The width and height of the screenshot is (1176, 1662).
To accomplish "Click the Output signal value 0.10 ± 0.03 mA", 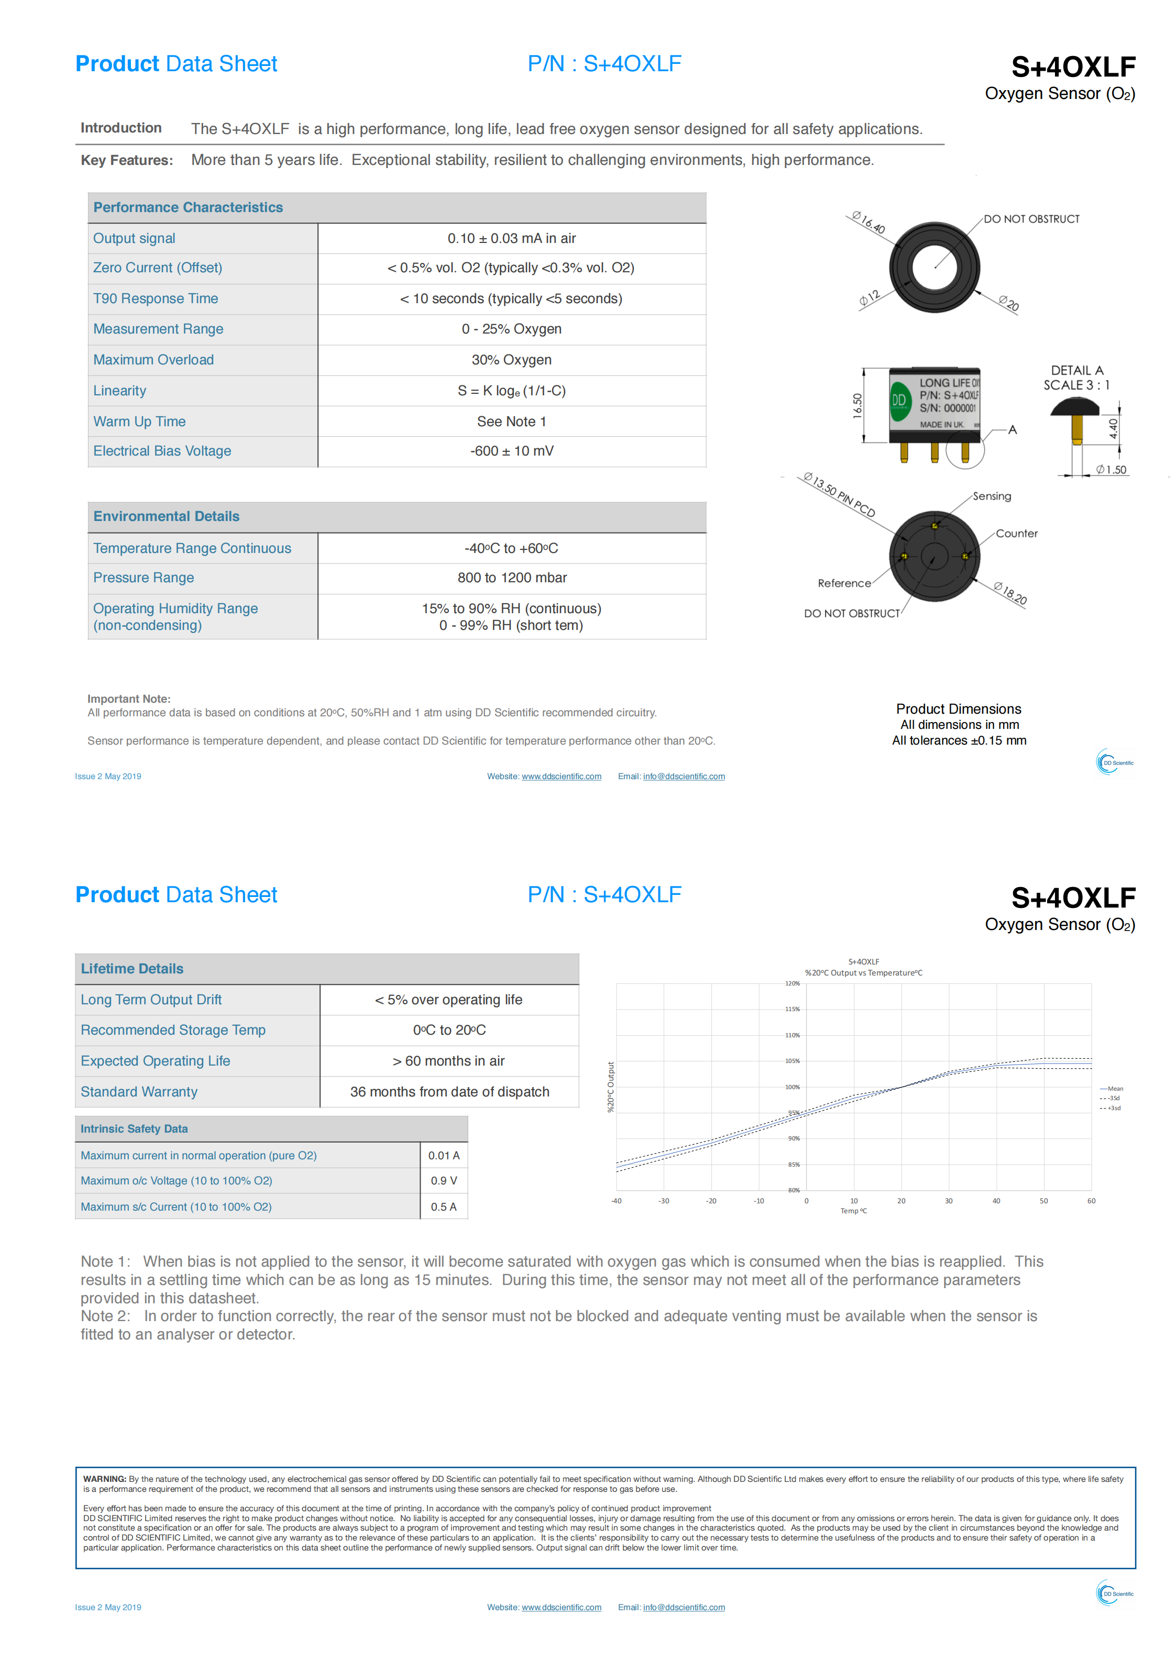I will (511, 238).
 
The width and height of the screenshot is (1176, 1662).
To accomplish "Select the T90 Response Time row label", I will (155, 298).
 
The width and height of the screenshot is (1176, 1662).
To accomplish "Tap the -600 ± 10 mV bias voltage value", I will (511, 451).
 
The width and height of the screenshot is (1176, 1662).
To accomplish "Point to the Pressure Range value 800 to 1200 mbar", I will (511, 578).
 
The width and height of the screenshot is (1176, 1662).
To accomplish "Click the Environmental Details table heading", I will (166, 516).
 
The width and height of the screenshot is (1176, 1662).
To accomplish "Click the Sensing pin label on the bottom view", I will (991, 496).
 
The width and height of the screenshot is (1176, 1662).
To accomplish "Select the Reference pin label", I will (843, 583).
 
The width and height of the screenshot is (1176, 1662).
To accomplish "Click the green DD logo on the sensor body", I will (899, 400).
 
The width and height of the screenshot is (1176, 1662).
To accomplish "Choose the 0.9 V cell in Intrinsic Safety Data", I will (443, 1181).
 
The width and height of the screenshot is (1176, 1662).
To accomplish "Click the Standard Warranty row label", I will (139, 1092).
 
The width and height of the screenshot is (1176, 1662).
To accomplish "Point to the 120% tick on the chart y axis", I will (792, 984).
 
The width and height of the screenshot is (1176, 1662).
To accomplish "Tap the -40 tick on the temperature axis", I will (616, 1201).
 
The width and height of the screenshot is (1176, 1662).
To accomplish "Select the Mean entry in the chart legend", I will (1114, 1089).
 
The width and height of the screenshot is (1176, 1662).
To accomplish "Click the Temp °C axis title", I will (853, 1211).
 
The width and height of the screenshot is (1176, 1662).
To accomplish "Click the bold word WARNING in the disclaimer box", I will (104, 1479).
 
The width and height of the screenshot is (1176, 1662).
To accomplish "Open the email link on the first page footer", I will (684, 776).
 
